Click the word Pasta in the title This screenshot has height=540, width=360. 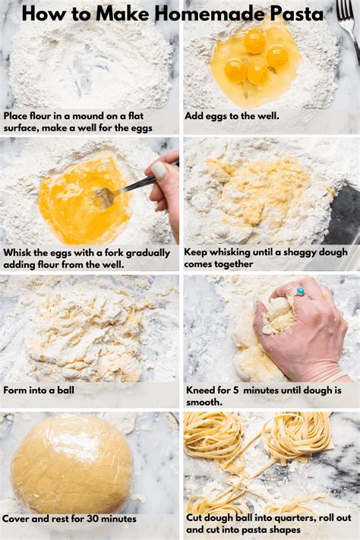click(292, 13)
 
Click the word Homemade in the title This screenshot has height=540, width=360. click(205, 13)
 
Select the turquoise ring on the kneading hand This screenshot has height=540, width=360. click(299, 291)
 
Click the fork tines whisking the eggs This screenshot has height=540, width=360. click(103, 197)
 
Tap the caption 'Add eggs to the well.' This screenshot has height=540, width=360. click(232, 116)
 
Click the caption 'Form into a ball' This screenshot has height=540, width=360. click(38, 390)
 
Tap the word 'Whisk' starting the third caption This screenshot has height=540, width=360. click(19, 252)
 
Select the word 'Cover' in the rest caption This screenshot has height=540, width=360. click(18, 519)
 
